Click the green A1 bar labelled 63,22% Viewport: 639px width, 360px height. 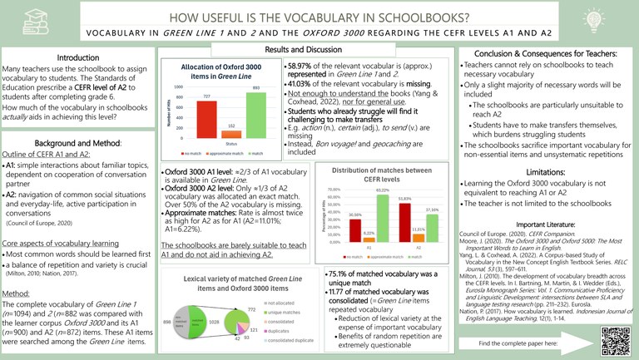pyautogui.click(x=383, y=219)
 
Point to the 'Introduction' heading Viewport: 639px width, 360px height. pyautogui.click(x=77, y=57)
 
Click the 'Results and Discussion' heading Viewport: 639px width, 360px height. pyautogui.click(x=319, y=50)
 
